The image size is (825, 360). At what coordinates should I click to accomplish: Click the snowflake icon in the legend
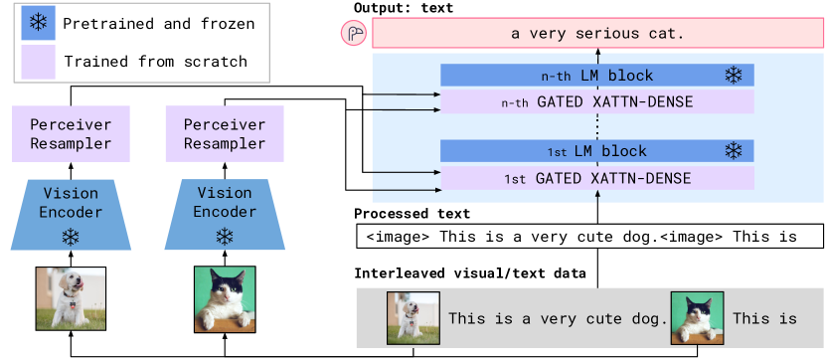coord(38,22)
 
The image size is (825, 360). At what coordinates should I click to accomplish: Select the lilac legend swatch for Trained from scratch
coord(38,62)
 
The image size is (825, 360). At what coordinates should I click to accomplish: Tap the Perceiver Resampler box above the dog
coord(71,133)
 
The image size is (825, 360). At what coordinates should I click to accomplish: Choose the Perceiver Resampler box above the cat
coord(225,133)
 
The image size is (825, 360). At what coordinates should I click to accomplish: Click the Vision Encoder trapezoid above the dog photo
coord(71,214)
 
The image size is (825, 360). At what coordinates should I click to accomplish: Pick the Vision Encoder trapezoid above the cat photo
coord(225,214)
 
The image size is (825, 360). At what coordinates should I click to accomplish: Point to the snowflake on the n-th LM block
coord(733,76)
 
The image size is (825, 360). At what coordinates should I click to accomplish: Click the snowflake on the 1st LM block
coord(733,151)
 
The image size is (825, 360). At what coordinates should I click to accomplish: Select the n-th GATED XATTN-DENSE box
coord(597,101)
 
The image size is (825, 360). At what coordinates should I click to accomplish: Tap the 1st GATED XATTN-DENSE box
coord(597,178)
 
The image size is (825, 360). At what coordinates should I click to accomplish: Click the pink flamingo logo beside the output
coord(353,34)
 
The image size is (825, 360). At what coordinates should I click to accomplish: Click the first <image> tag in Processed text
coord(398,237)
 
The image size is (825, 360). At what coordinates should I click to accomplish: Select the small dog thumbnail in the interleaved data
coord(413,318)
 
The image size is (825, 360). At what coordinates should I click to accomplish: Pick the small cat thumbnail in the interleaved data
coord(697,318)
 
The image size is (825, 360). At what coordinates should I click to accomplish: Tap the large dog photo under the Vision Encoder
coord(71,298)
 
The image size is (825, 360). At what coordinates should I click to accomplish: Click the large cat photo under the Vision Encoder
coord(225,298)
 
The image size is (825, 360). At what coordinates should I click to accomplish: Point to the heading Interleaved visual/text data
coord(470,273)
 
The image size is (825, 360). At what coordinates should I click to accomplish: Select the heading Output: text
coord(404,7)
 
